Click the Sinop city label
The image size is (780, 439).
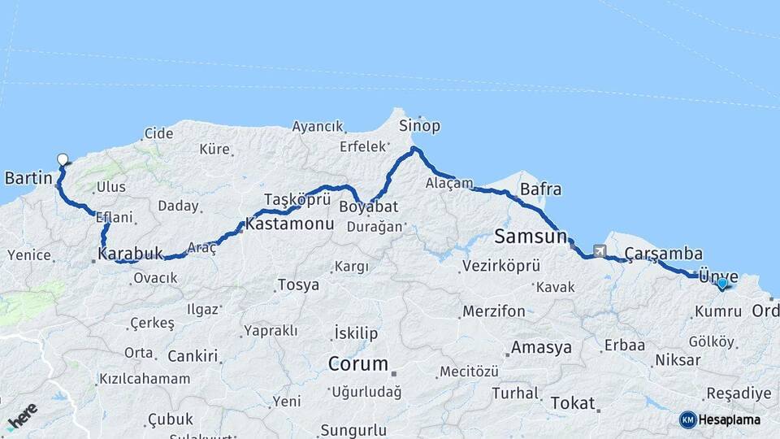[419, 126]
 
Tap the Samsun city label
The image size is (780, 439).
[530, 237]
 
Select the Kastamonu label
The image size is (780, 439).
[289, 222]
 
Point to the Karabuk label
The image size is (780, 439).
[130, 254]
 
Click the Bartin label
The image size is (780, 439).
[28, 177]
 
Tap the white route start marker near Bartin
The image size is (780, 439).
[63, 159]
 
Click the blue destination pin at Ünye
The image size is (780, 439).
[721, 283]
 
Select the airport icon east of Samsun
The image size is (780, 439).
[600, 251]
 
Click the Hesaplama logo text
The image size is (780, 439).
[730, 419]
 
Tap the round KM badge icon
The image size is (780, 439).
[687, 419]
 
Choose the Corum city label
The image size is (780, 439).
[357, 363]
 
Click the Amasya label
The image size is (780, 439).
[540, 347]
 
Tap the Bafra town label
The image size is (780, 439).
[540, 189]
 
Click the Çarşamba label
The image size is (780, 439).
[664, 254]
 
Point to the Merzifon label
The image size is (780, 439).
[493, 311]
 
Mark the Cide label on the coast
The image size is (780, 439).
[158, 133]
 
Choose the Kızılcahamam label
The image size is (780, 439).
[144, 379]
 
